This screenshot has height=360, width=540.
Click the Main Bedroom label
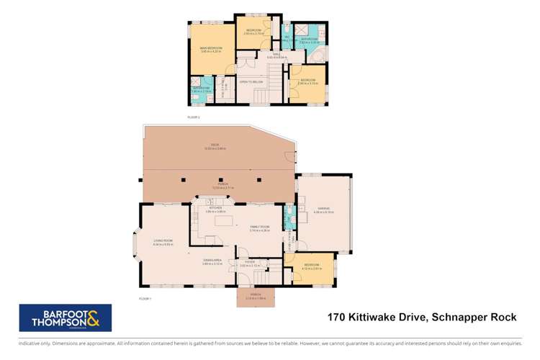(x=211, y=50)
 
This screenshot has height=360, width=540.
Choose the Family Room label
(x=259, y=229)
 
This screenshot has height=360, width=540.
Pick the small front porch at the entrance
(x=256, y=297)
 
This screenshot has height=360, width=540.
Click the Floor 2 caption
(x=193, y=116)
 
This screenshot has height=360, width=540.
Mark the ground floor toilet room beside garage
(x=289, y=214)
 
